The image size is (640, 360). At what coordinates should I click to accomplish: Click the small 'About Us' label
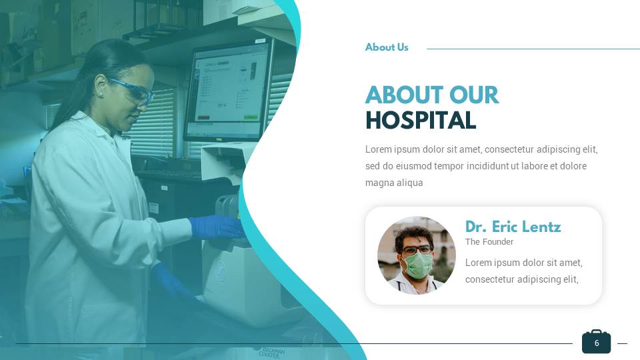coord(387,47)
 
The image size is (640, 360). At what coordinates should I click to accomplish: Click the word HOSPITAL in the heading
coord(421,121)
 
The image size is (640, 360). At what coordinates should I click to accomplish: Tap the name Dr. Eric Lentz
coord(513,227)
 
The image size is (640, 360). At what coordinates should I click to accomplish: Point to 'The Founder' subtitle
coord(489,242)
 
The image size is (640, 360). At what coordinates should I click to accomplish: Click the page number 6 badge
coord(596,343)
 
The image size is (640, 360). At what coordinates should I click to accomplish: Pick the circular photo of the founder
coord(416,255)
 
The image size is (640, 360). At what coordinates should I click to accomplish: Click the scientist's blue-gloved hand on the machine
coord(217,227)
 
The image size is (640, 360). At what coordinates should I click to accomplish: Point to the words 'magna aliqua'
coord(394,183)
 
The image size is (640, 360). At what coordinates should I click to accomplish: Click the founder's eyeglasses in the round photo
coord(416,249)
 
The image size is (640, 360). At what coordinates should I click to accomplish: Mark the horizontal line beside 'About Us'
coord(533,49)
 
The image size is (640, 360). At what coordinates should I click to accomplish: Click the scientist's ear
coord(100,90)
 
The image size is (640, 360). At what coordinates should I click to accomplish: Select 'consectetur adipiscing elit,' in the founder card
coord(521,279)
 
